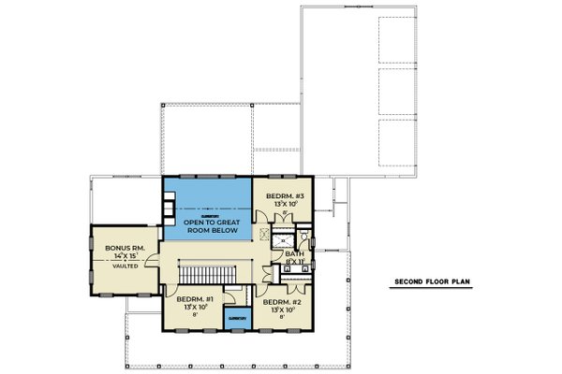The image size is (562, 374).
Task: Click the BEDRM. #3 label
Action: click(283, 193)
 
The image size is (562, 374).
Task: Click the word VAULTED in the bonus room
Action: click(124, 266)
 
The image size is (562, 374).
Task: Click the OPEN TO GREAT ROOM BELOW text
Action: click(210, 226)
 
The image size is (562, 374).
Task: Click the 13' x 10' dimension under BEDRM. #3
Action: click(283, 202)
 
